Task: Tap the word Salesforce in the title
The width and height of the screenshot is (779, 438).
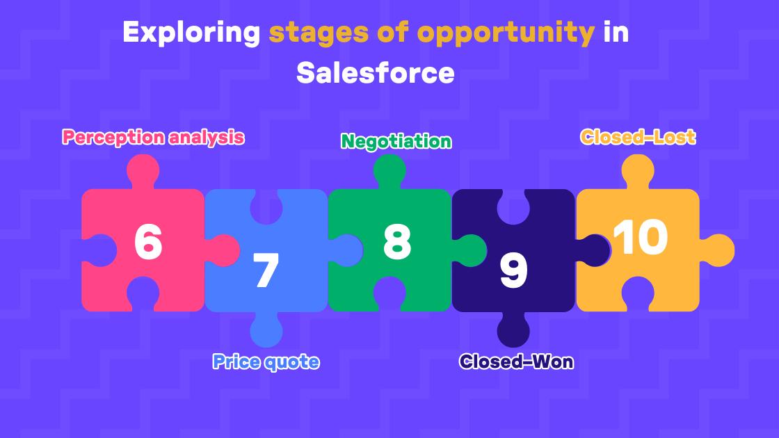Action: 376,72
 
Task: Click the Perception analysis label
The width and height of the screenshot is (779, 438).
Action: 153,137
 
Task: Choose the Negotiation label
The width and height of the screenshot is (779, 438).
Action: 396,141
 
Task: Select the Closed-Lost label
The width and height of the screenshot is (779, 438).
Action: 638,137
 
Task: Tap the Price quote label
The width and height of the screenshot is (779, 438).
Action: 266,362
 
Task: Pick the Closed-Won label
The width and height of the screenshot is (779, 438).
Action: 516,362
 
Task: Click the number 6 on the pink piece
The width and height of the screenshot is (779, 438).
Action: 148,243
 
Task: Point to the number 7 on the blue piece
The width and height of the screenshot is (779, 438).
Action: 266,271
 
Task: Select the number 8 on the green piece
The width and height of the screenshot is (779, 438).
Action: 397,241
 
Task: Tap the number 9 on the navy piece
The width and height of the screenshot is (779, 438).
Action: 514,271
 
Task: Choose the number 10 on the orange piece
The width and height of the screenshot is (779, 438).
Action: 641,238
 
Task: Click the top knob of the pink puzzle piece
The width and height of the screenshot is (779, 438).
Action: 143,171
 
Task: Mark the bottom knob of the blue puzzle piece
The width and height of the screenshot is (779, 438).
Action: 266,330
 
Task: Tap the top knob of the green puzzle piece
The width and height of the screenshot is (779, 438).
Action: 389,171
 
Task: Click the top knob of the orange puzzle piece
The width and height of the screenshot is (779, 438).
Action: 638,171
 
